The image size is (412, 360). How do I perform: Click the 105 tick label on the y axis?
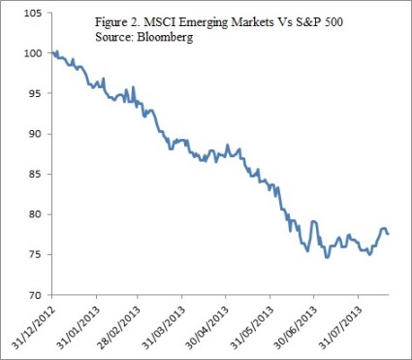pos(32,14)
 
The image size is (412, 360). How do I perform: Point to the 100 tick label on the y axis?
pos(32,53)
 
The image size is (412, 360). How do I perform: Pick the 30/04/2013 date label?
pos(208,322)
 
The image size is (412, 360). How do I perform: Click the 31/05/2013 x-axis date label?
pos(252,322)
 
